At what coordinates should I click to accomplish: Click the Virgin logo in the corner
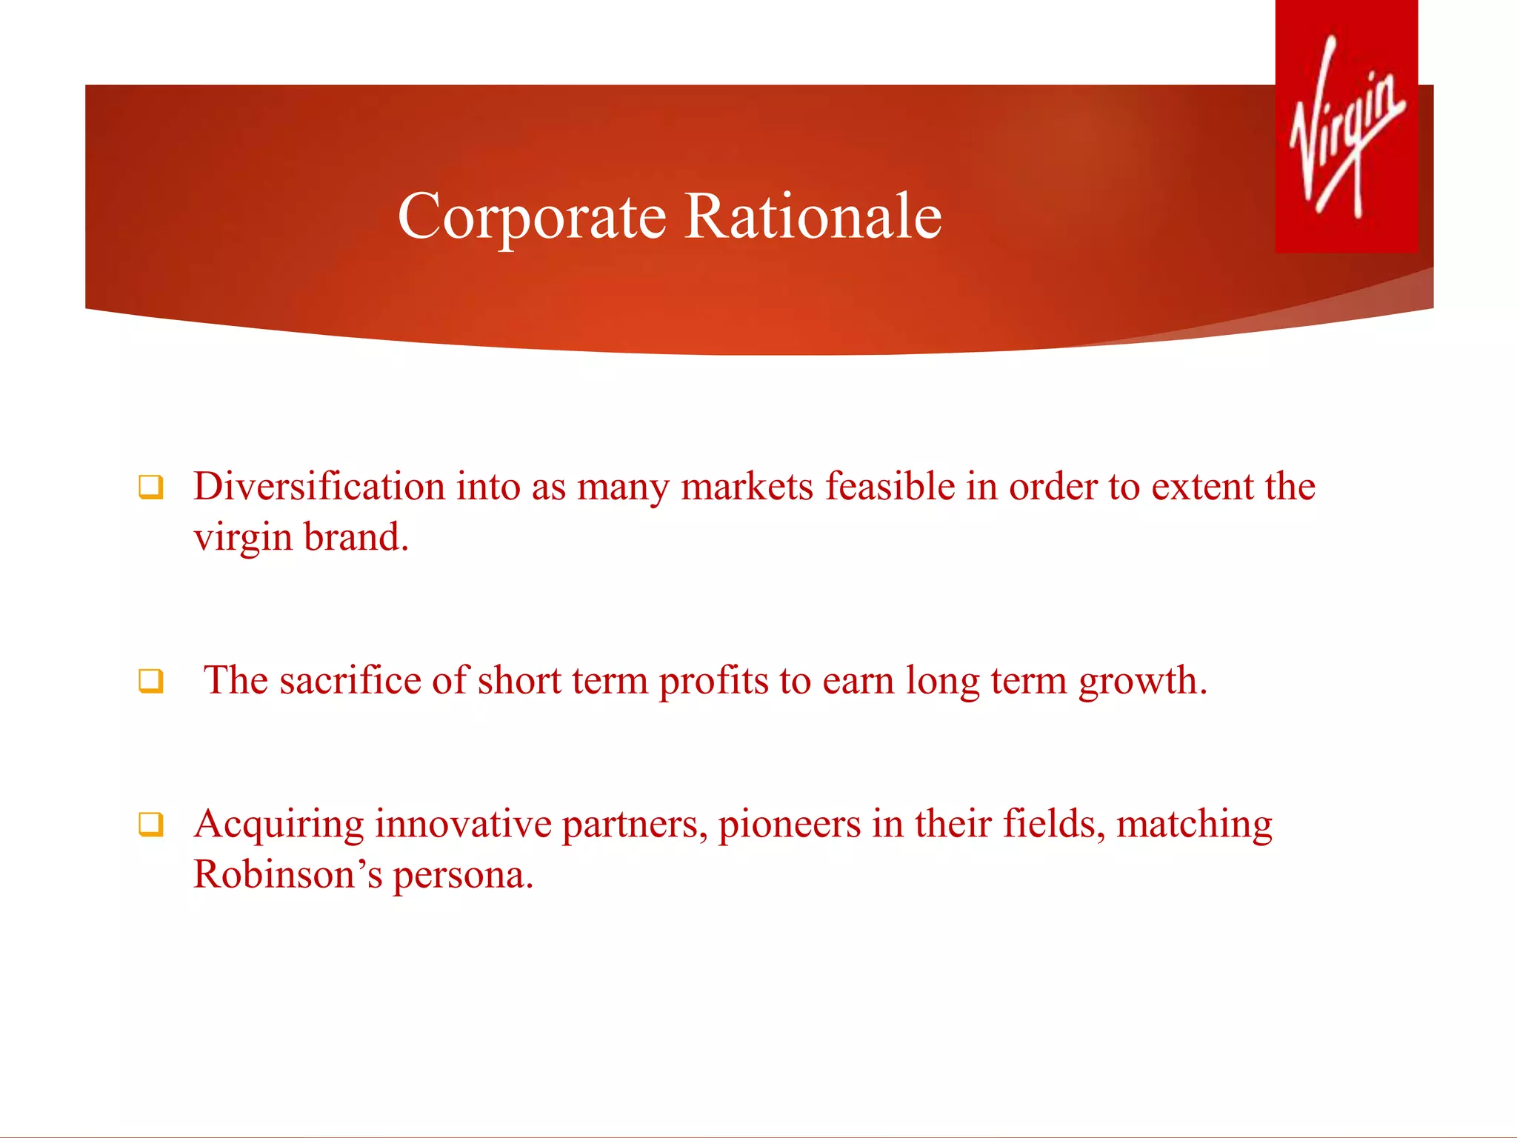tap(1346, 126)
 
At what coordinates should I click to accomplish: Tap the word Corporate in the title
tap(532, 216)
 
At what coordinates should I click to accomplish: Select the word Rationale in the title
tap(813, 216)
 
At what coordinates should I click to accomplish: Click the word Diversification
tap(319, 487)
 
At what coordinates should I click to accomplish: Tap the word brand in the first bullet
tap(356, 538)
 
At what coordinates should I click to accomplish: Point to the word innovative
tap(463, 824)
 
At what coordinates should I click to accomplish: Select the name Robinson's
tap(287, 875)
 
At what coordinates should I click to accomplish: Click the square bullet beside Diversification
tap(150, 488)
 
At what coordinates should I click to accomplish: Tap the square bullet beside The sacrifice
tap(150, 680)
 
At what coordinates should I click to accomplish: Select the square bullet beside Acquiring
tap(150, 824)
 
